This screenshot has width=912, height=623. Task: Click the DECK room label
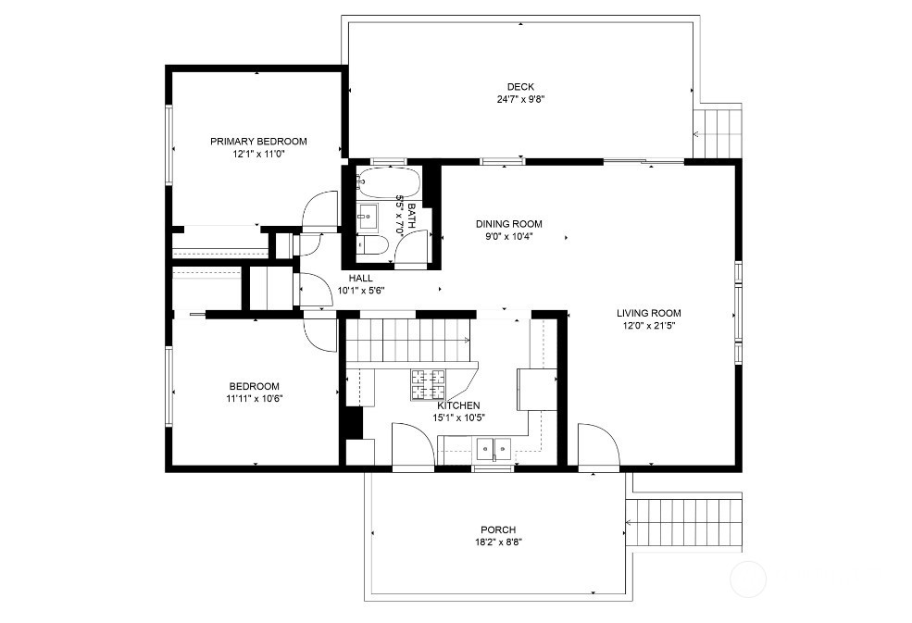tap(520, 87)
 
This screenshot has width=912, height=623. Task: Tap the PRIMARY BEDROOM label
tap(258, 142)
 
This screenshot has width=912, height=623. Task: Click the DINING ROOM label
tap(509, 224)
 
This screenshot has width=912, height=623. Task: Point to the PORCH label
tap(498, 530)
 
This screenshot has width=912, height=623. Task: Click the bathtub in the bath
tap(388, 182)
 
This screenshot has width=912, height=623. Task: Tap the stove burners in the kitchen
tap(429, 384)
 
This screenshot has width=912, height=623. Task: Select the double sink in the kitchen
tap(493, 448)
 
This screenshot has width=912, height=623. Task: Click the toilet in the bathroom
tap(370, 245)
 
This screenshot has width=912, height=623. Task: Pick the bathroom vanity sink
tap(367, 217)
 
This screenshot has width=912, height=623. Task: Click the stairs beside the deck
tap(718, 133)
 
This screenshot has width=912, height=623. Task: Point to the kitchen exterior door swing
tap(414, 444)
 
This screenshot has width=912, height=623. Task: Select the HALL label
tap(360, 278)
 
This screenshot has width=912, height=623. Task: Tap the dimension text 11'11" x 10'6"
tap(254, 399)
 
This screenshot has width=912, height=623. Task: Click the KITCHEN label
tap(458, 405)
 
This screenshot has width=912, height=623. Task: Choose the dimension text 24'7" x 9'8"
tap(520, 99)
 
